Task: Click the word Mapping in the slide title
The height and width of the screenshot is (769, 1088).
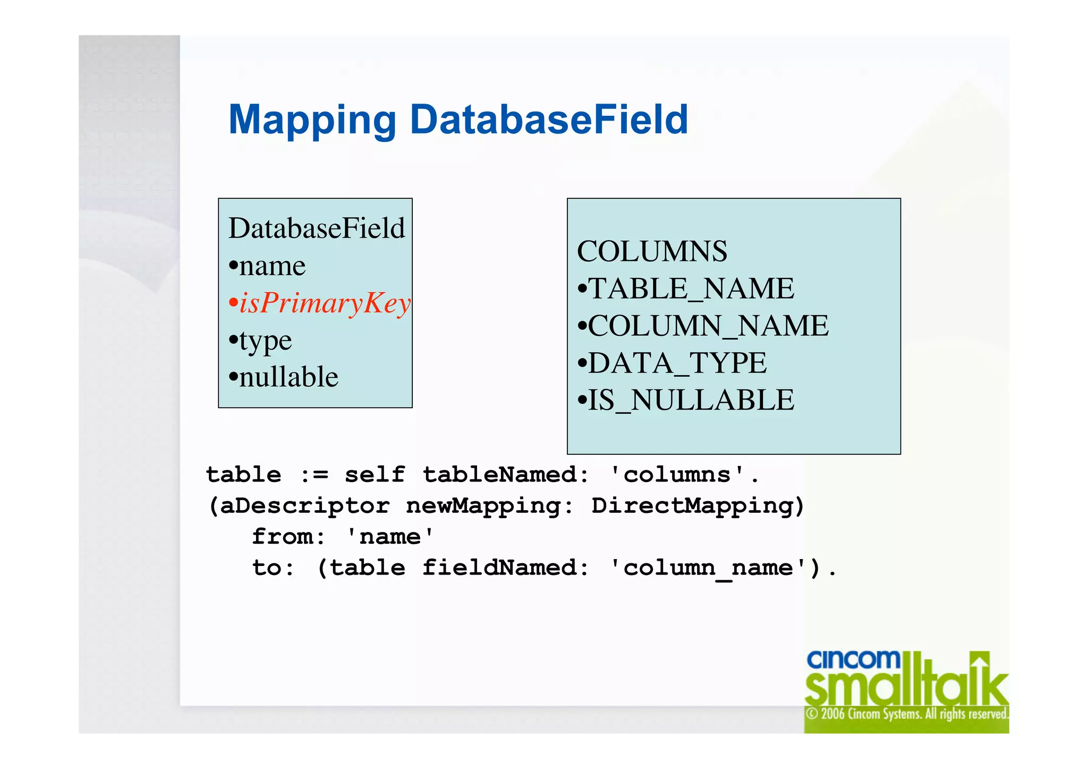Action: [x=312, y=120]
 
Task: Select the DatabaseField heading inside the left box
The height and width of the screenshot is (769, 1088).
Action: [x=317, y=229]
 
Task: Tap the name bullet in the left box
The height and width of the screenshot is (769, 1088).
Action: [x=272, y=266]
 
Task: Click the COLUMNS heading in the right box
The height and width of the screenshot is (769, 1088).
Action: [x=652, y=251]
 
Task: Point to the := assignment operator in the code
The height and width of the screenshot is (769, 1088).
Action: [x=314, y=475]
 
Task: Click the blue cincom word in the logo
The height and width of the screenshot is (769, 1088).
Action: [x=853, y=660]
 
